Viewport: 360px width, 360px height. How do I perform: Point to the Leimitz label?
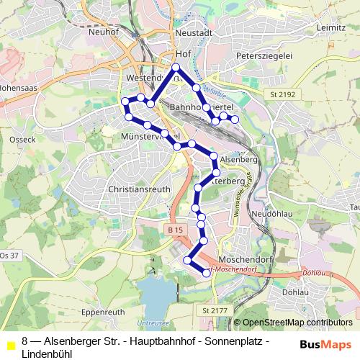[331, 27]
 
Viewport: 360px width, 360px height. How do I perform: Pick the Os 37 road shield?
[9, 256]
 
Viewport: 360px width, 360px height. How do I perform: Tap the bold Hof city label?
[182, 53]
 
